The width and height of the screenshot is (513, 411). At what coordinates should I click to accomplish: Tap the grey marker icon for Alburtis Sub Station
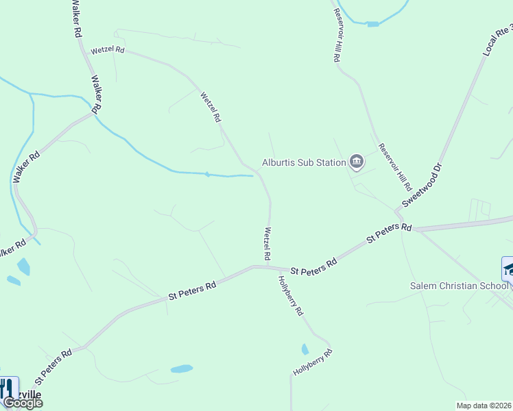(x=357, y=162)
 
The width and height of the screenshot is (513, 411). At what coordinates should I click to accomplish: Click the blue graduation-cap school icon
(x=508, y=268)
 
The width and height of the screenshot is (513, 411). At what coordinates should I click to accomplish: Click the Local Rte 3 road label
(x=497, y=40)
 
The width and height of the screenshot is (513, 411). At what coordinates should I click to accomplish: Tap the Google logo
(x=22, y=403)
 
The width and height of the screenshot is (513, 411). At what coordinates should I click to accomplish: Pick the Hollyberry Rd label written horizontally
(x=313, y=362)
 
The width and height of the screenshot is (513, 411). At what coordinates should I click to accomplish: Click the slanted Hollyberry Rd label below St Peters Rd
(x=290, y=295)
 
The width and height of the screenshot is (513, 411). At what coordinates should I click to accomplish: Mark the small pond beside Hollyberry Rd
(x=305, y=349)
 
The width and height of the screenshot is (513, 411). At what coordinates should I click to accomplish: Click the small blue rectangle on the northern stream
(x=372, y=24)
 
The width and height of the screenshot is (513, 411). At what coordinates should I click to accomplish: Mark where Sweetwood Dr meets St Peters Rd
(x=398, y=208)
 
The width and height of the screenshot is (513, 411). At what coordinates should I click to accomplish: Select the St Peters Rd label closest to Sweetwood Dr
(x=389, y=234)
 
